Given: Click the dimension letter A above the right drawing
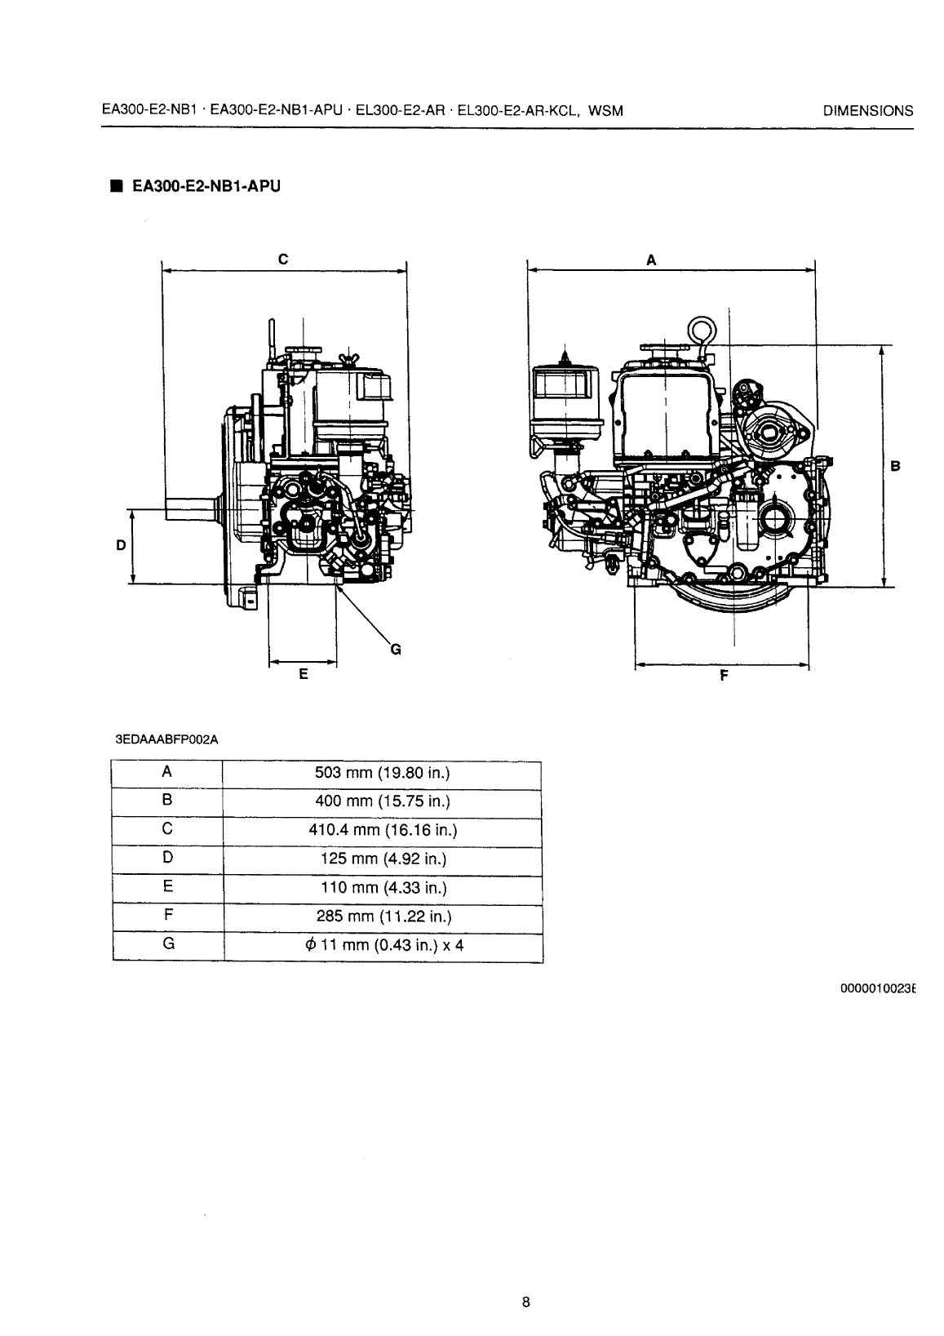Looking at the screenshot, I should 651,260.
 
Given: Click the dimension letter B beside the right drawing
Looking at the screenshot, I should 895,467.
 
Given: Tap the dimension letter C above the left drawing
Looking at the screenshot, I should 282,260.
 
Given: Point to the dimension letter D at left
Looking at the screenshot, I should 120,545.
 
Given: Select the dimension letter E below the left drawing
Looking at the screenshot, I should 303,674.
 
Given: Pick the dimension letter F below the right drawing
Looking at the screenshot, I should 723,675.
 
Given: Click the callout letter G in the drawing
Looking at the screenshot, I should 396,650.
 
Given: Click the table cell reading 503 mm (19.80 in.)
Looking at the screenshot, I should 382,773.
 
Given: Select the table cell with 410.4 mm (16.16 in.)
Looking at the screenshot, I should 382,831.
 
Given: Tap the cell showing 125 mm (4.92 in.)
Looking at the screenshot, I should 382,859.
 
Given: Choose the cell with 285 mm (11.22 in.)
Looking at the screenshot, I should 382,917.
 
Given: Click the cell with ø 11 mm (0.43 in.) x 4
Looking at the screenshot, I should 382,946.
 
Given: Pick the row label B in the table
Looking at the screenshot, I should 166,801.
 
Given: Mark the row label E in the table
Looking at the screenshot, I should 166,887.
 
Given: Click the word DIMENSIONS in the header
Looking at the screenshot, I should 868,112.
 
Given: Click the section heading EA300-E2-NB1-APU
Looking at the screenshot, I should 201,186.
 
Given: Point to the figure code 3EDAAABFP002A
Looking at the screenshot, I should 159,740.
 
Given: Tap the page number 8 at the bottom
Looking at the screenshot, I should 526,1302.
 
